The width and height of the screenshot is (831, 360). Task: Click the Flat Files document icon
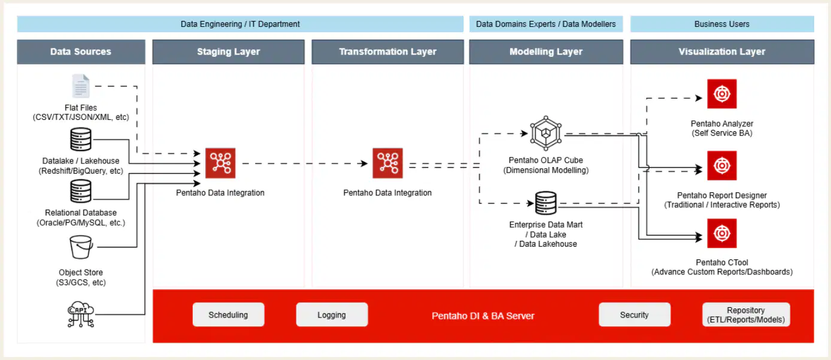click(x=80, y=86)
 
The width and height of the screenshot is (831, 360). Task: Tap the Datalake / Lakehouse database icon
click(x=80, y=139)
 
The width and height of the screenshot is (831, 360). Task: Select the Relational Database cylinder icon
click(x=80, y=191)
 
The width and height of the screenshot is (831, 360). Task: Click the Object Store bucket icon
click(x=81, y=247)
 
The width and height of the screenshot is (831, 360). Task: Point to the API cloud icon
click(x=80, y=314)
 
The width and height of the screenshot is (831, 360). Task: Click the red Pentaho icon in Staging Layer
click(x=220, y=164)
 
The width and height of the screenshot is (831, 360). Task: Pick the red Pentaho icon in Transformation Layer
click(x=388, y=164)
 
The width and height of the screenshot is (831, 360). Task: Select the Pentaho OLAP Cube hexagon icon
click(x=545, y=133)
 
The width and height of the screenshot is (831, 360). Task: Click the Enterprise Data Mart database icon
click(x=545, y=203)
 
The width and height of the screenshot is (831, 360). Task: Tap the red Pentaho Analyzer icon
click(x=722, y=94)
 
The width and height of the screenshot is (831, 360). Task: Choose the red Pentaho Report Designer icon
click(x=722, y=165)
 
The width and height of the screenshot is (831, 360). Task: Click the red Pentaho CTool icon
click(x=722, y=234)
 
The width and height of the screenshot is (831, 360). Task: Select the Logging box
click(x=332, y=314)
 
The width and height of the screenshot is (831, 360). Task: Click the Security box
click(x=635, y=314)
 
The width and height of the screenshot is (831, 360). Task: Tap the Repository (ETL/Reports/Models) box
click(x=746, y=314)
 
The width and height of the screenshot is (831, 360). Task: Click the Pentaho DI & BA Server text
click(x=483, y=316)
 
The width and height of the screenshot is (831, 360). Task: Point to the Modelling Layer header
click(x=546, y=52)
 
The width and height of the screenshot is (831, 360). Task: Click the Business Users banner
click(x=722, y=24)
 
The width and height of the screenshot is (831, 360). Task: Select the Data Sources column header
click(x=81, y=52)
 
